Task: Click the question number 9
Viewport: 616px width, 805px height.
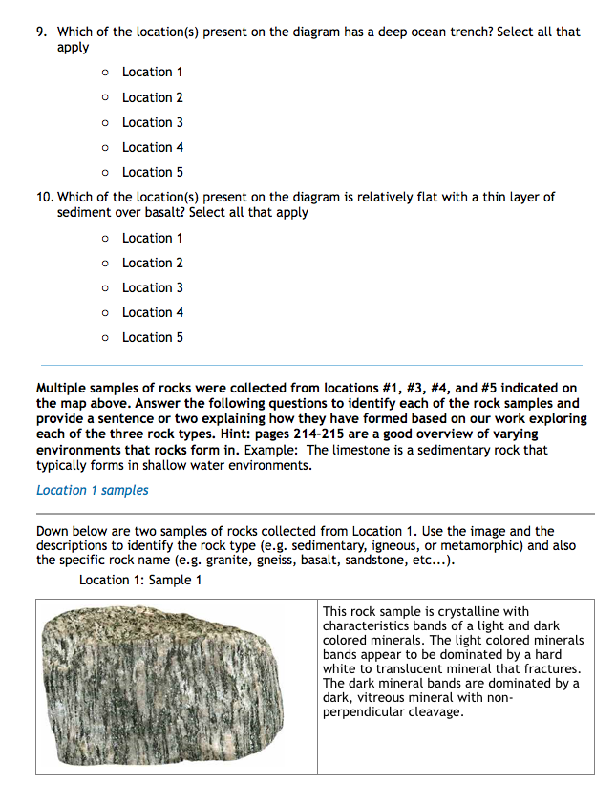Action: (41, 32)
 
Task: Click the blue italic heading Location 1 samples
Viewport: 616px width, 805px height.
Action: (92, 490)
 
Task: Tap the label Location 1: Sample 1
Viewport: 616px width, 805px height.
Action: (140, 580)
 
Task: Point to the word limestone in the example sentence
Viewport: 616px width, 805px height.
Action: (360, 449)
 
